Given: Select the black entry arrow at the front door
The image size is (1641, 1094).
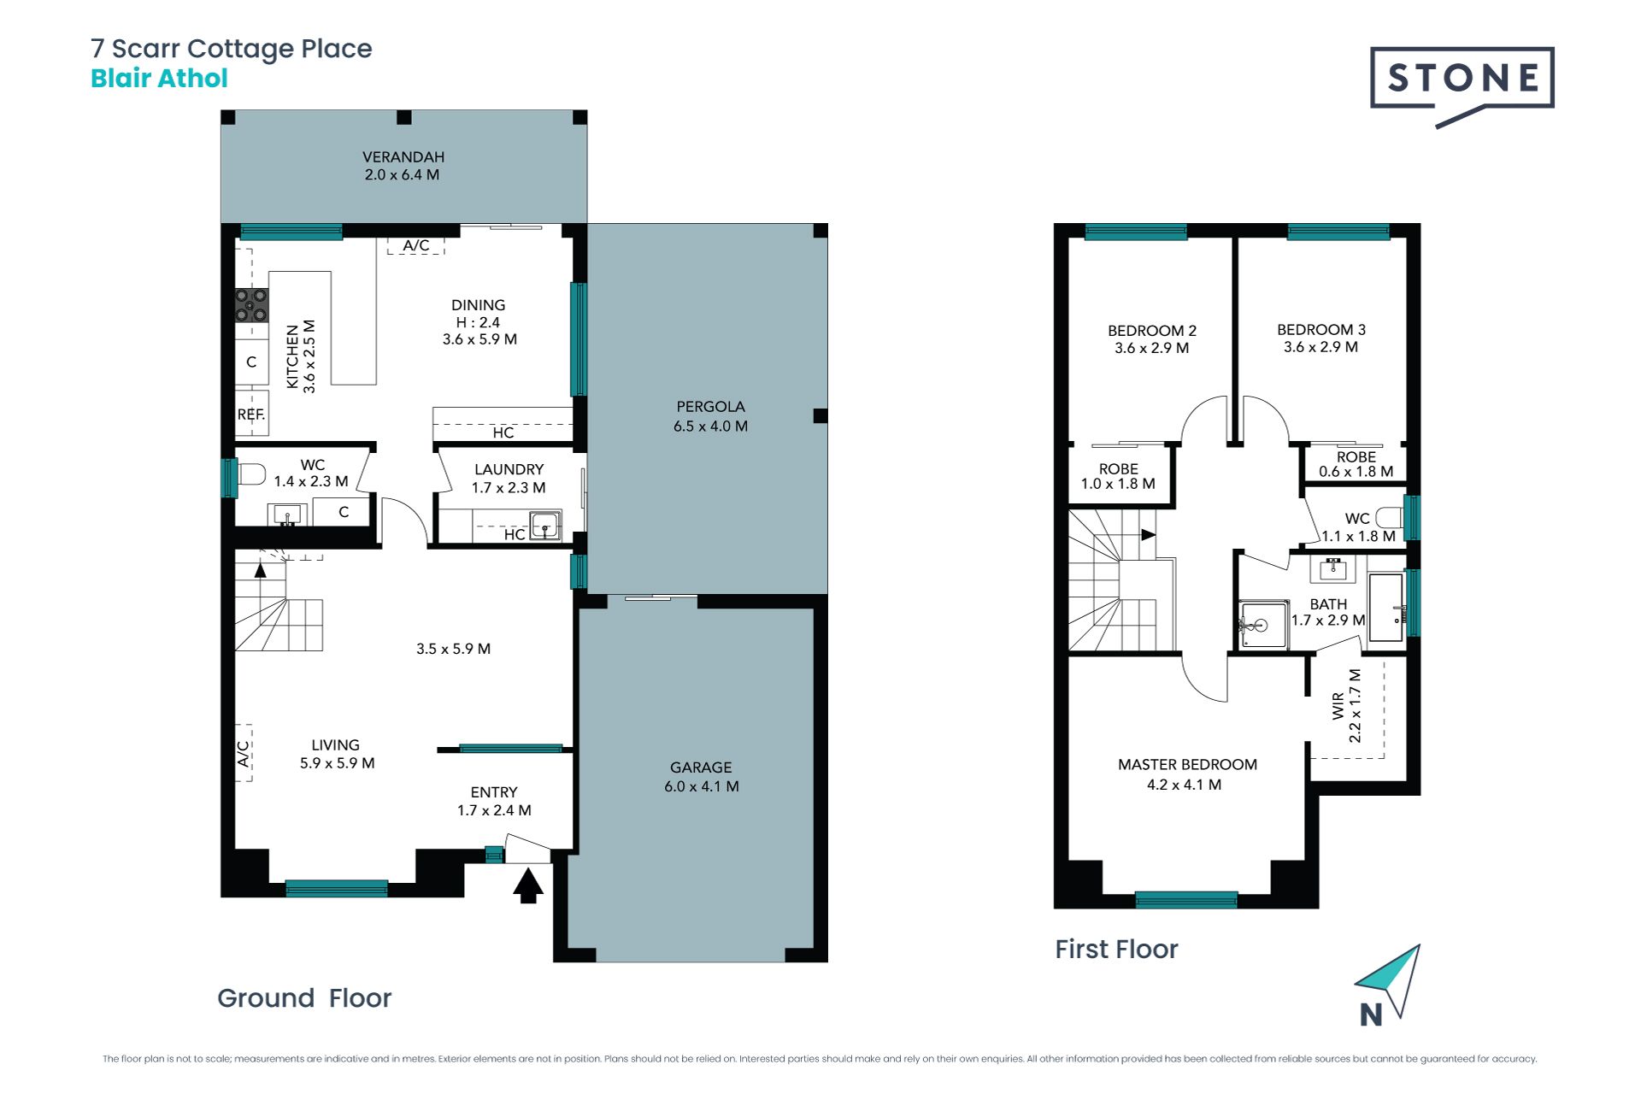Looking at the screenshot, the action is (x=528, y=885).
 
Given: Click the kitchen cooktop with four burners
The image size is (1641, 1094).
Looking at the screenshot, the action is (x=251, y=305).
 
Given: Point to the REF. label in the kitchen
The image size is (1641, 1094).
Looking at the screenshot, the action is (x=251, y=415).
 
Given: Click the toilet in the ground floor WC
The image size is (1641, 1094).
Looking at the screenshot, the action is (x=252, y=473).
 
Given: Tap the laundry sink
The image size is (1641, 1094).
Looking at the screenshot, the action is (x=545, y=524).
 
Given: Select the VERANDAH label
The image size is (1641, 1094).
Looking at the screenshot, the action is (x=403, y=157).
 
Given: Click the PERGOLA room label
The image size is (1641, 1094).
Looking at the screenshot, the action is (x=711, y=407).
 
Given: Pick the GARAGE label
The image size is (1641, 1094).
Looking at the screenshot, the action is (x=701, y=768).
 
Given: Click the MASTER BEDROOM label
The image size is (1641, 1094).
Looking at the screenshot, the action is (x=1187, y=765).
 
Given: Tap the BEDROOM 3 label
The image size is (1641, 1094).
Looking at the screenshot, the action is (x=1321, y=330).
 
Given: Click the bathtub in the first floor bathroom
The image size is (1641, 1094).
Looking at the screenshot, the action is (x=1386, y=608).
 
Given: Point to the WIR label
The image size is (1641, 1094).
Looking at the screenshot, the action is (x=1338, y=706).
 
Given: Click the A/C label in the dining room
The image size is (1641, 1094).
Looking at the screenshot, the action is (x=416, y=245).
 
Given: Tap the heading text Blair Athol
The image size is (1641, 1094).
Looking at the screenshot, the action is (x=159, y=79).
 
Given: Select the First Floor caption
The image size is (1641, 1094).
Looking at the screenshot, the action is (x=1116, y=950).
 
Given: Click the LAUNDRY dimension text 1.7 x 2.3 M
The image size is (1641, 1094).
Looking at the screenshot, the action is (x=509, y=488).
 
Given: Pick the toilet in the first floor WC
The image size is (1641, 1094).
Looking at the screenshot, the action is (x=1390, y=517).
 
